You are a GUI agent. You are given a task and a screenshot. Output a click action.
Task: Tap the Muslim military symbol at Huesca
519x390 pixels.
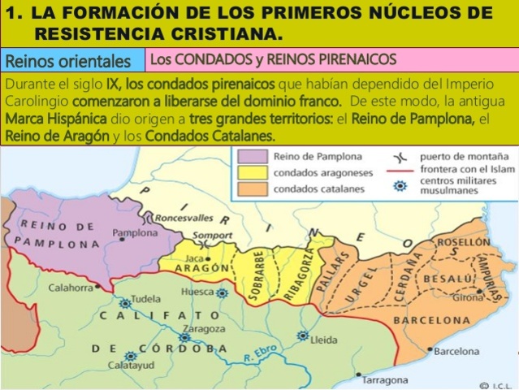(x=222, y=293)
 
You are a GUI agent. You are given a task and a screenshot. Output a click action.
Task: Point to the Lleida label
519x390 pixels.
(x=324, y=340)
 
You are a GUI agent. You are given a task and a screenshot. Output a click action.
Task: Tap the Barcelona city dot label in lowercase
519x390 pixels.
(x=456, y=352)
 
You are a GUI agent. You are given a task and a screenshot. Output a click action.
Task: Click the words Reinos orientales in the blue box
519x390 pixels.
(x=68, y=61)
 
